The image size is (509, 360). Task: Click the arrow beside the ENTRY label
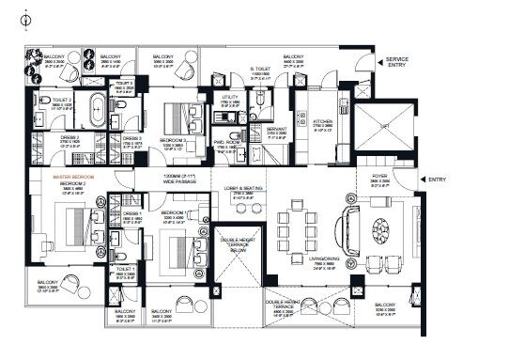pyautogui.click(x=421, y=179)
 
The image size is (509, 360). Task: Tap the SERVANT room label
pyautogui.click(x=276, y=133)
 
